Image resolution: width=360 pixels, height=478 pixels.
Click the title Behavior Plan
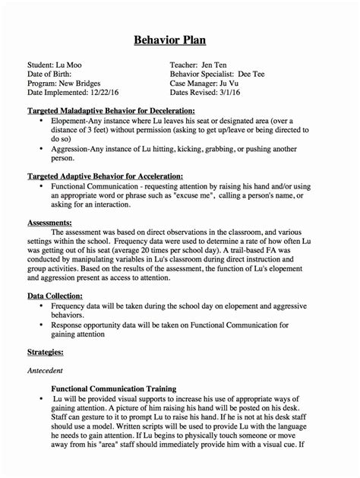point(180,40)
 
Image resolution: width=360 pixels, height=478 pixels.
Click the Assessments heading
point(49,222)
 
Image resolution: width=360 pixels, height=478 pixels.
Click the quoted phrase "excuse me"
point(175,194)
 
